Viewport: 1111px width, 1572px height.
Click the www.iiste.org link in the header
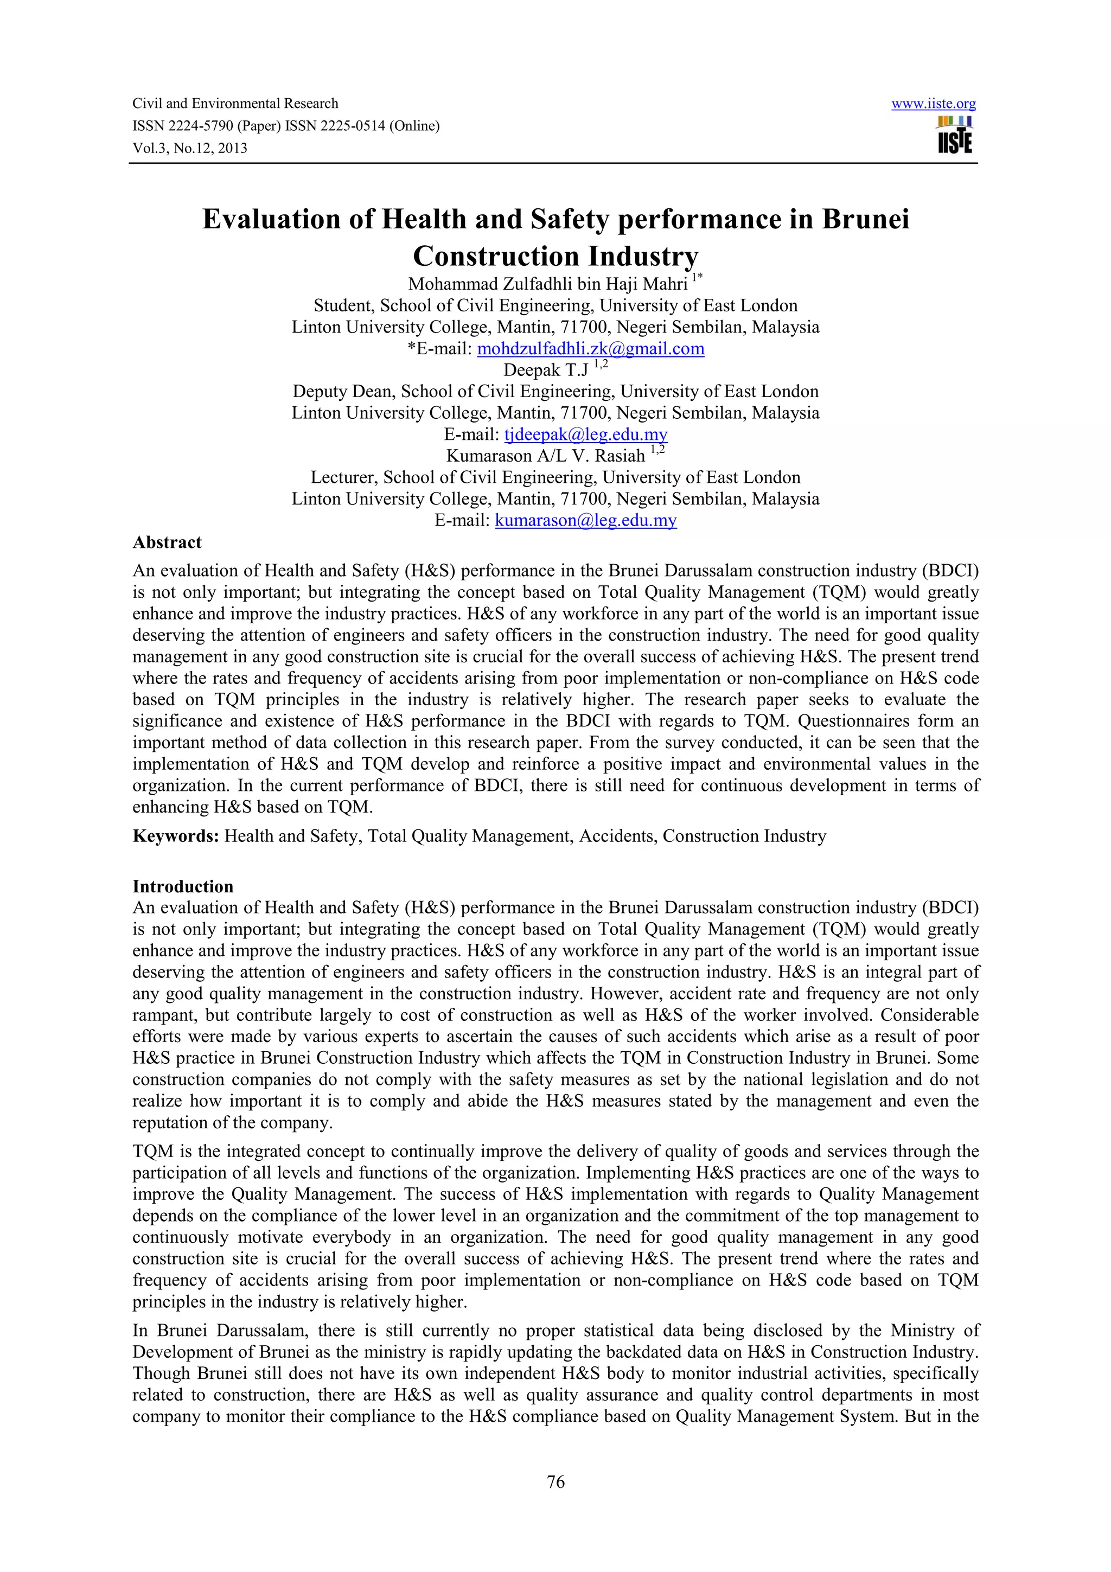coord(933,104)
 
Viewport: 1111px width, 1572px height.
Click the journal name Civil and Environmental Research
coord(235,104)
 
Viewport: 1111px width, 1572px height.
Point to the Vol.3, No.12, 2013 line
coord(190,149)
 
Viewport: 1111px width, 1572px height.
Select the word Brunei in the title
coord(865,219)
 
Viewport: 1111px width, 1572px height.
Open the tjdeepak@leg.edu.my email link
coord(585,434)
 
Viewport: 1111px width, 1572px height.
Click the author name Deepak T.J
coord(546,370)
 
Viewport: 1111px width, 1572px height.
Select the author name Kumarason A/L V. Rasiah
coord(546,456)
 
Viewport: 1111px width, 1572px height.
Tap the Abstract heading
coord(167,542)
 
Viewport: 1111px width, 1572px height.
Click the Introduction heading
coord(183,887)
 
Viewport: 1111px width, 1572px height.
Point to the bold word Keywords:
coord(175,836)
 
